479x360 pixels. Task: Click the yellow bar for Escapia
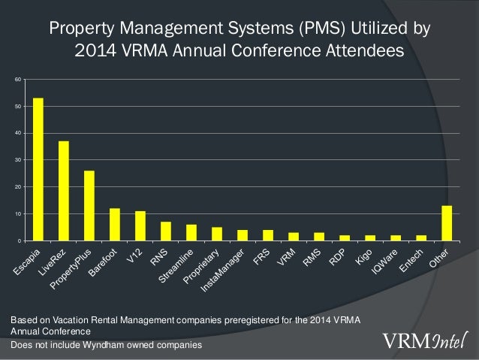point(38,169)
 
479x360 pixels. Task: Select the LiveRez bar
point(64,191)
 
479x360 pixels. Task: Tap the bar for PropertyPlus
point(89,205)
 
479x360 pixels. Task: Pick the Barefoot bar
point(115,224)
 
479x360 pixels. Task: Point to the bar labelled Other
point(447,223)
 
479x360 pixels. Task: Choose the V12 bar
point(140,225)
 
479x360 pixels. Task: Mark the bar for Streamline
point(191,232)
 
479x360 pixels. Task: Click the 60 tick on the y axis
point(18,79)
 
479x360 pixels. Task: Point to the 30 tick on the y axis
point(18,160)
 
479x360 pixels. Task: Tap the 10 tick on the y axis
point(18,214)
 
